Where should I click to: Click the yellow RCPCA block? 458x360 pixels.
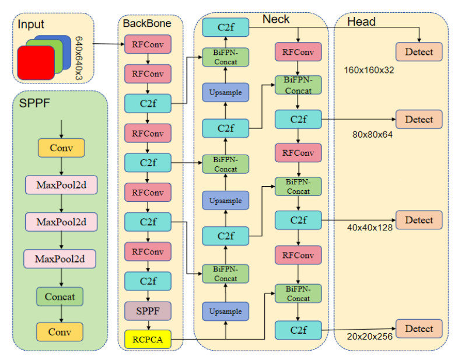point(148,338)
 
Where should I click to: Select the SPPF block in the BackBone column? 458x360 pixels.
point(148,311)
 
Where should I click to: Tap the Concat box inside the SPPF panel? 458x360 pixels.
point(61,296)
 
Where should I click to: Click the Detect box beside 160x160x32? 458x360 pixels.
point(419,52)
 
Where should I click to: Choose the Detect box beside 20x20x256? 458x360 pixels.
point(419,328)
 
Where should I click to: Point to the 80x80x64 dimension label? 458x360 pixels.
point(372,134)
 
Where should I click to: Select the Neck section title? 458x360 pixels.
point(276,20)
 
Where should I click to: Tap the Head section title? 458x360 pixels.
point(361,22)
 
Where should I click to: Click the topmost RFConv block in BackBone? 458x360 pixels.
point(148,44)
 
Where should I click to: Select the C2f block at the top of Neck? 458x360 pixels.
point(226,27)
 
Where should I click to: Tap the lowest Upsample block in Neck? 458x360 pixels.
point(226,311)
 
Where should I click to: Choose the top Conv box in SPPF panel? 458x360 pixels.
point(61,148)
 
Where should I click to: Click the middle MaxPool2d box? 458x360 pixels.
point(61,222)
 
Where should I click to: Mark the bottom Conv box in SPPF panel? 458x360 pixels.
point(61,331)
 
